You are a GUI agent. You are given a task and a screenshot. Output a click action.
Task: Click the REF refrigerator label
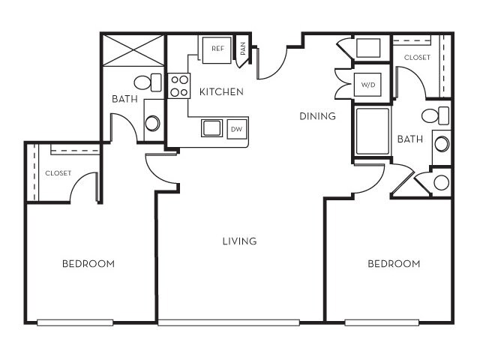[x=217, y=49]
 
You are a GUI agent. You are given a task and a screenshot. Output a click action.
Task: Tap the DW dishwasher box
[x=236, y=129]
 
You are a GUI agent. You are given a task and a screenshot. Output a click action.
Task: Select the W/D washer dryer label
[x=367, y=85]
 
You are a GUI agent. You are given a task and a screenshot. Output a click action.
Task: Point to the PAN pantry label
[x=243, y=49]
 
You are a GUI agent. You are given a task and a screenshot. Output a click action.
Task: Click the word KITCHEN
[x=221, y=92]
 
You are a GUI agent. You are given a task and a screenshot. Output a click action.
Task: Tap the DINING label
[x=317, y=116]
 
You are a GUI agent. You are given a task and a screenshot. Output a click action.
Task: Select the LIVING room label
[x=239, y=241]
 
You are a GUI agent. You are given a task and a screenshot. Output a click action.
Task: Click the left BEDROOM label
[x=88, y=263]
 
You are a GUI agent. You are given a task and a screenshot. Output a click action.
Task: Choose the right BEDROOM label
[x=394, y=263]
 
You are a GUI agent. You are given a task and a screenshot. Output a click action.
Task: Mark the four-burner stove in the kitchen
[x=179, y=85]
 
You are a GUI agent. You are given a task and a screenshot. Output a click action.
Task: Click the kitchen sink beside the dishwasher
[x=211, y=128]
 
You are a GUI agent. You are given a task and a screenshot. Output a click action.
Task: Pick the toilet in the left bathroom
[x=148, y=82]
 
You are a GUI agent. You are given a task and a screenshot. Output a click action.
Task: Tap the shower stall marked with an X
[x=133, y=51]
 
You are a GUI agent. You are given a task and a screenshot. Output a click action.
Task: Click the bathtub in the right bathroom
[x=372, y=131]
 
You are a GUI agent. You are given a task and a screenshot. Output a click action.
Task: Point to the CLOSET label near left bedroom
[x=58, y=172]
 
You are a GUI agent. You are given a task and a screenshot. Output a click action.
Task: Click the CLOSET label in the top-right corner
[x=417, y=57]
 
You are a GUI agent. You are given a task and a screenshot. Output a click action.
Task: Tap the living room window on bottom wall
[x=229, y=322]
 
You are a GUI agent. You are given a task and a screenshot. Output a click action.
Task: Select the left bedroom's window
[x=75, y=322]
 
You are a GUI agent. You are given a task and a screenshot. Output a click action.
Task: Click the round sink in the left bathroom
[x=152, y=122]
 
